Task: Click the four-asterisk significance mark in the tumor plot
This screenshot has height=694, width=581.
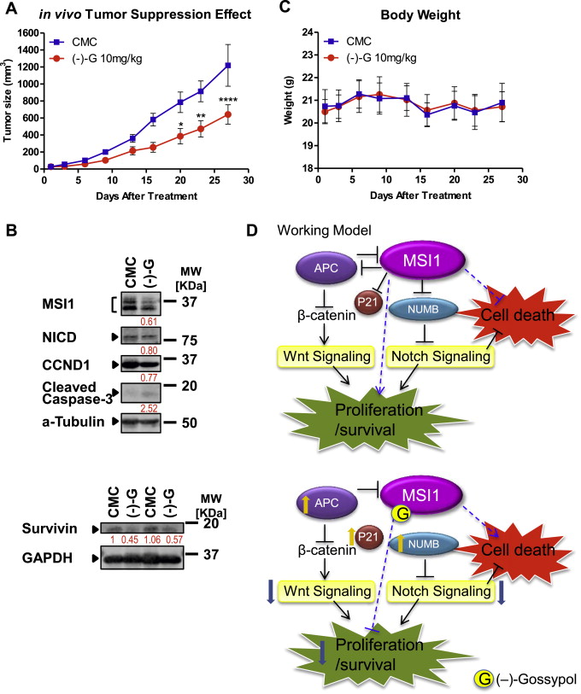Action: point(227,100)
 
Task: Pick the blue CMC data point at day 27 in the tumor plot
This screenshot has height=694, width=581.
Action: point(227,65)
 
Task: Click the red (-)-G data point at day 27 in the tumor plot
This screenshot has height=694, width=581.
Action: point(227,114)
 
